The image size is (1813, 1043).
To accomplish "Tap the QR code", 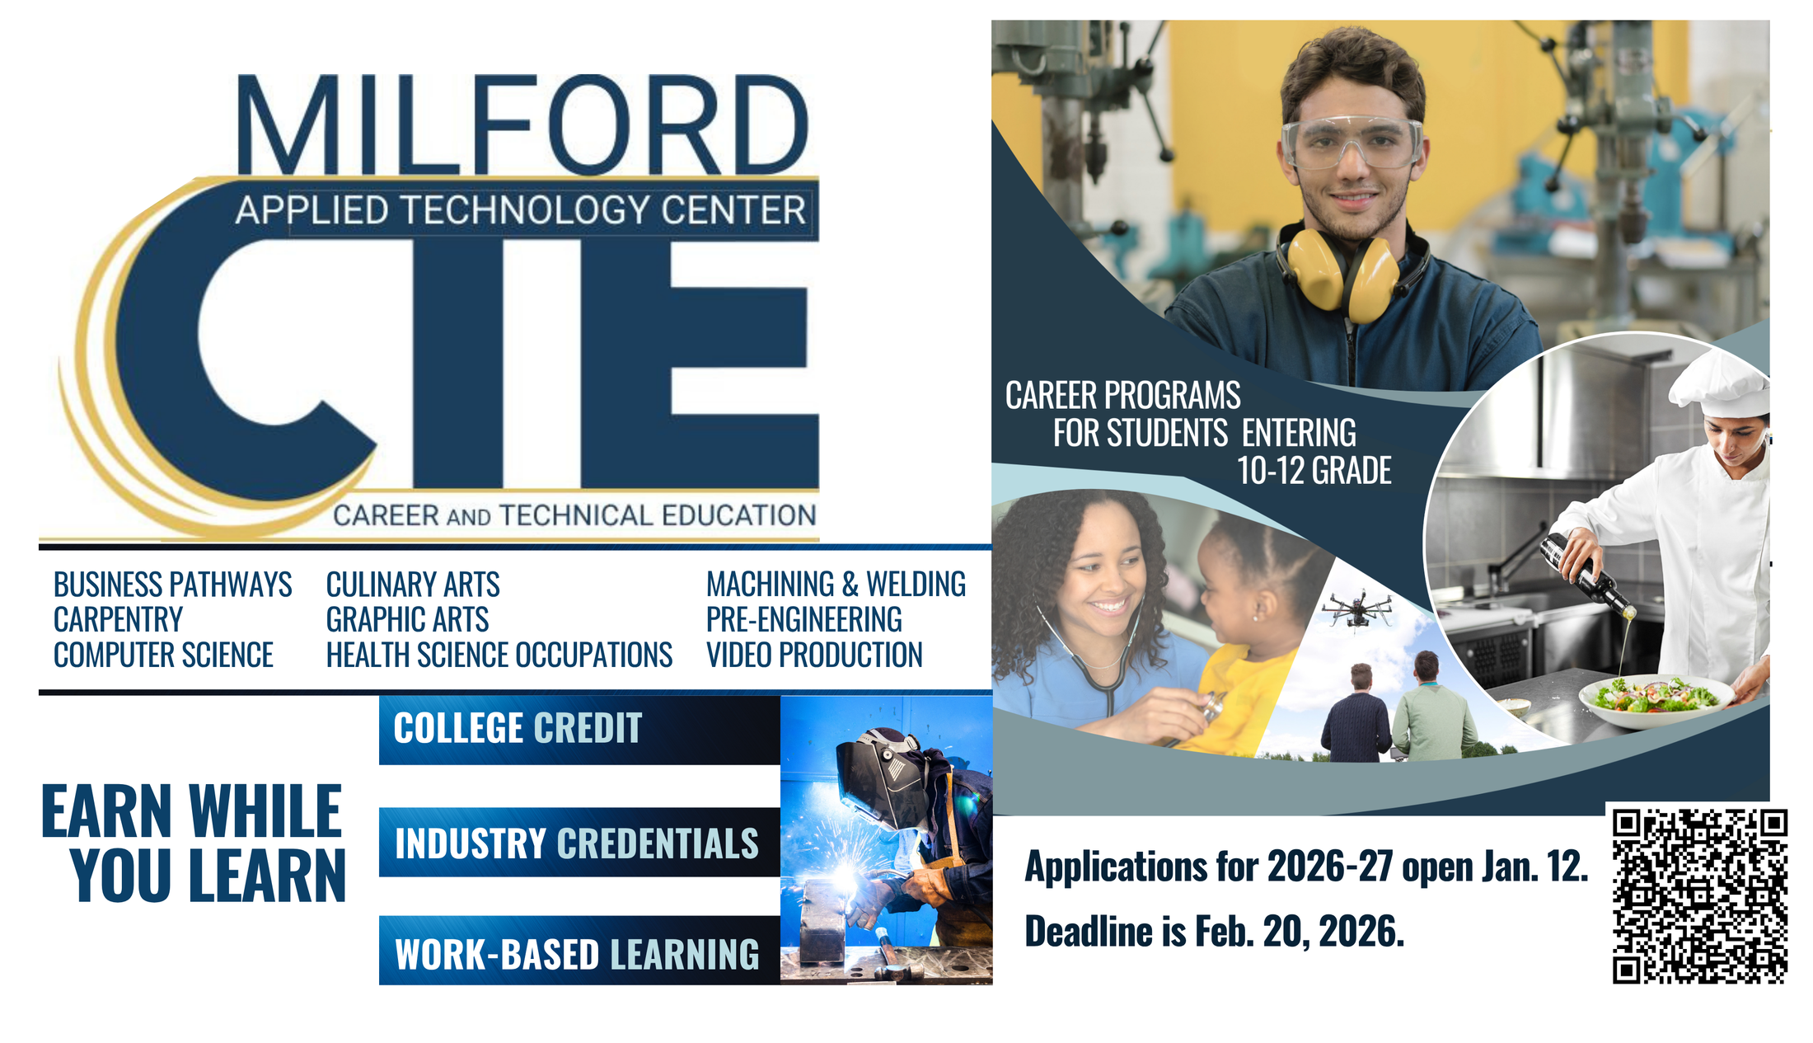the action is click(1699, 895).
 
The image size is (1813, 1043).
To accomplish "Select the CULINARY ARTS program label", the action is click(413, 585).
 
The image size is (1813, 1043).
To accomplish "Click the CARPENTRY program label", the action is click(119, 619).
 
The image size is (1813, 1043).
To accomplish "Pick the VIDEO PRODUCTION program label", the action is click(814, 655).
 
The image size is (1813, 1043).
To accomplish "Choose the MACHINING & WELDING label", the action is click(836, 585).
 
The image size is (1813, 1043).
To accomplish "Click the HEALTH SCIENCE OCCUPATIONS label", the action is click(499, 655).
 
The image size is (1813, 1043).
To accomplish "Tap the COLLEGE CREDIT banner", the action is click(579, 729).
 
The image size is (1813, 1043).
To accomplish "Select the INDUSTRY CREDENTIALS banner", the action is click(579, 843).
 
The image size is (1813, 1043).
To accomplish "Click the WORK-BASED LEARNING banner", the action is click(579, 951).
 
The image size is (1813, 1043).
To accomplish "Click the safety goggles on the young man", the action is click(1352, 143).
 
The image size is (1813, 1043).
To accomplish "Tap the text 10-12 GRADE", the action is click(1314, 471).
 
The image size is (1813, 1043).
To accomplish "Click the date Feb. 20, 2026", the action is click(1300, 932).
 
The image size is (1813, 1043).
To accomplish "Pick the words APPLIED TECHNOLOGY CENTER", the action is click(521, 209).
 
